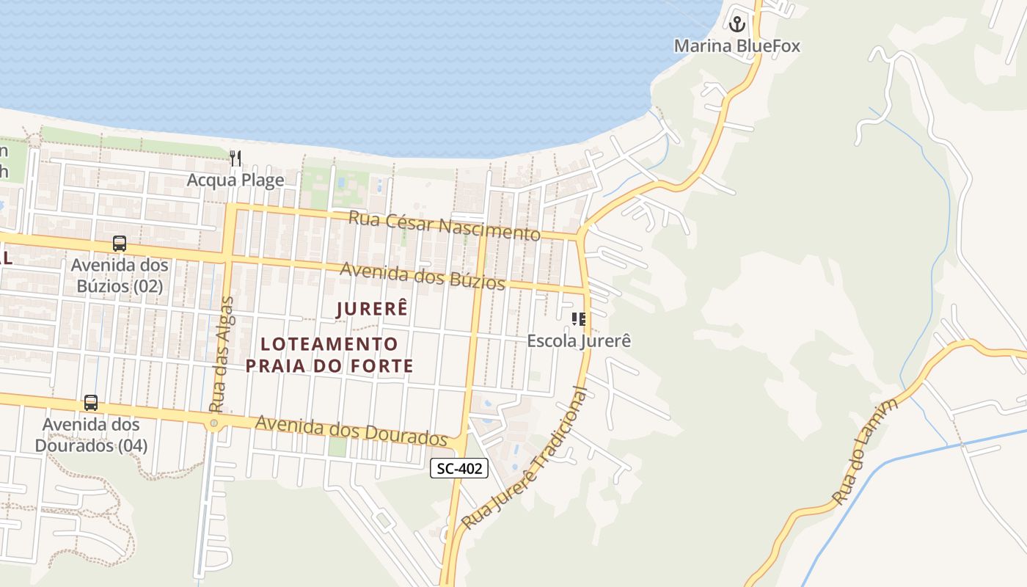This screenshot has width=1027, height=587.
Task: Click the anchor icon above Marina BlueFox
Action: coord(737,23)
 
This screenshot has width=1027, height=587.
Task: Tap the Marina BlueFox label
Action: coord(737,46)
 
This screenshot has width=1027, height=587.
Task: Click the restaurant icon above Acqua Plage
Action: coord(235,158)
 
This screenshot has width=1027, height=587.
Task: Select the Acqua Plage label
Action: coord(235,180)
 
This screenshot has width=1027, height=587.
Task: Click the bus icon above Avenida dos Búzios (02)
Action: coord(120,244)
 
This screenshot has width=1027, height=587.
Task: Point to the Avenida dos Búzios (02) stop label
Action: coord(120,276)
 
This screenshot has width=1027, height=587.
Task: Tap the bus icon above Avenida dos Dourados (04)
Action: coord(91,403)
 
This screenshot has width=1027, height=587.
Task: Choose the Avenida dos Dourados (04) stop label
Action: coord(91,435)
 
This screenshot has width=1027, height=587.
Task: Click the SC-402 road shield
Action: coord(458,469)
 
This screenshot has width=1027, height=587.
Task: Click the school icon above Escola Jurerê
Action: coord(579,318)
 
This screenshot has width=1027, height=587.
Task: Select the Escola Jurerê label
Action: coord(579,341)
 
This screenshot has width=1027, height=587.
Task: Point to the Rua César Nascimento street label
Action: coord(444,226)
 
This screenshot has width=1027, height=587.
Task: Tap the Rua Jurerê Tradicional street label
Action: coord(525,459)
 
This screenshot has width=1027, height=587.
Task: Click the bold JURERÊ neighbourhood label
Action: coord(371,309)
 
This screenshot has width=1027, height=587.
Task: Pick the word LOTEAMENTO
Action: coord(329,344)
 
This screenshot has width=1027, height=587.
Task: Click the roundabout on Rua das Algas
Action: coord(213,423)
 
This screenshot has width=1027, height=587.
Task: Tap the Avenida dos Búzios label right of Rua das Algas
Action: coord(423,277)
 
